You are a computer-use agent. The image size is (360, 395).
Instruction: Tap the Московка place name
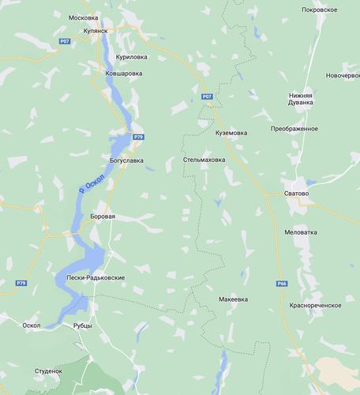[83, 17]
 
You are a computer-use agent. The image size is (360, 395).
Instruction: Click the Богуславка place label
[126, 160]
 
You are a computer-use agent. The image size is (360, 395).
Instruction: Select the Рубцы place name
[82, 326]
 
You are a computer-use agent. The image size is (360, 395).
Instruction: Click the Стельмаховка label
[204, 160]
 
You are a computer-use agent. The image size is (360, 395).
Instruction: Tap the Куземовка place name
[231, 133]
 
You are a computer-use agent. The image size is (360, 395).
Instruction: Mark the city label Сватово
[296, 193]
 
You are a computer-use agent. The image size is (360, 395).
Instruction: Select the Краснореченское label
[315, 304]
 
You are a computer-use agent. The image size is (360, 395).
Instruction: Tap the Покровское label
[320, 10]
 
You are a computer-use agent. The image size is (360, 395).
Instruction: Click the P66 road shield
[282, 284]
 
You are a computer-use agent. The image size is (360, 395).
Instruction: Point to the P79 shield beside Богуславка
[139, 137]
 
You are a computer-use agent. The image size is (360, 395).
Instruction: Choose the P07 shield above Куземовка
[207, 96]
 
